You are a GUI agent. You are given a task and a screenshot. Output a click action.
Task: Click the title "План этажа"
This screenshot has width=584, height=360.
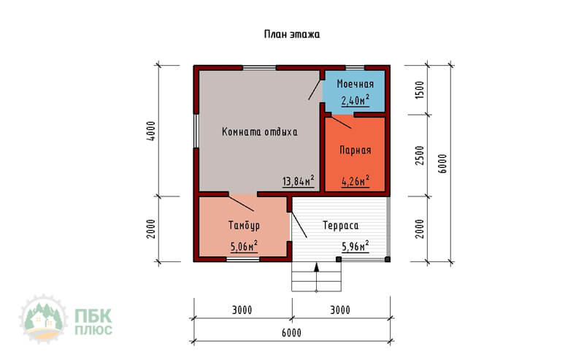pyautogui.click(x=292, y=34)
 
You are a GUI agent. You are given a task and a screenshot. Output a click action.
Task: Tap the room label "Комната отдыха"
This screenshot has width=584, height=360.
pyautogui.click(x=260, y=132)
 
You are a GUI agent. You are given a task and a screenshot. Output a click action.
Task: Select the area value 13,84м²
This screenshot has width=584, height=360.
pyautogui.click(x=299, y=181)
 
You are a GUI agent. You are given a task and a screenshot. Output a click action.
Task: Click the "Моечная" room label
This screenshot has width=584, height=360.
pyautogui.click(x=356, y=84)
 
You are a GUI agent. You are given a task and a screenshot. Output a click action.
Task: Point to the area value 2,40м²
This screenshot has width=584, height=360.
pyautogui.click(x=356, y=100)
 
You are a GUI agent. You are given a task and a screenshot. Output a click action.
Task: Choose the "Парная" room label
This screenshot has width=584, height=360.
pyautogui.click(x=356, y=150)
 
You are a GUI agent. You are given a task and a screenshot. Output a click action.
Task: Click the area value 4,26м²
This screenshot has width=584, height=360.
pyautogui.click(x=356, y=181)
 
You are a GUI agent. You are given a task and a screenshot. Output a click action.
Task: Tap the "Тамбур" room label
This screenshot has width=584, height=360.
pyautogui.click(x=244, y=226)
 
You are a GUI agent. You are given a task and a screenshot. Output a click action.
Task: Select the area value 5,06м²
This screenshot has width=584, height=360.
pyautogui.click(x=244, y=246)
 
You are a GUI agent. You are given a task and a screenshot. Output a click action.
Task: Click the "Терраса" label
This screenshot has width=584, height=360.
pyautogui.click(x=341, y=226)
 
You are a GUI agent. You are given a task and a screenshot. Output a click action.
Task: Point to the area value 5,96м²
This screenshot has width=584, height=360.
pyautogui.click(x=356, y=246)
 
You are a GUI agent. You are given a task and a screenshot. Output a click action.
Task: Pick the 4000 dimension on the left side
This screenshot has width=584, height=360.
pyautogui.click(x=151, y=131)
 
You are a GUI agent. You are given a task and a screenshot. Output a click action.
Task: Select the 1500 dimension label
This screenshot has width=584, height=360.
pyautogui.click(x=420, y=90)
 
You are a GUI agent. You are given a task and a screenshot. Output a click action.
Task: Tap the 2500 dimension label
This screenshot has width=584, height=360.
pyautogui.click(x=420, y=156)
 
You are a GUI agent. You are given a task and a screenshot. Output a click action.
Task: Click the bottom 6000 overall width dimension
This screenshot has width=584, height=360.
pyautogui.click(x=291, y=333)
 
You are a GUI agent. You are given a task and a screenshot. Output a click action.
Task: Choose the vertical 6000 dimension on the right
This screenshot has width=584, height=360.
pyautogui.click(x=442, y=164)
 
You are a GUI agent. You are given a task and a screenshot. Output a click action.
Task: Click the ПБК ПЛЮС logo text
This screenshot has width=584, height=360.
pyautogui.click(x=93, y=322)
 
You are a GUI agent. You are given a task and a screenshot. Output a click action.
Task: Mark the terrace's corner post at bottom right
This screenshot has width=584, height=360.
pyautogui.click(x=388, y=259)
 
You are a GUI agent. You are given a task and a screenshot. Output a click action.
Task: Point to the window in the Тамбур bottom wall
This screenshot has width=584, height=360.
pyautogui.click(x=243, y=259)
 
